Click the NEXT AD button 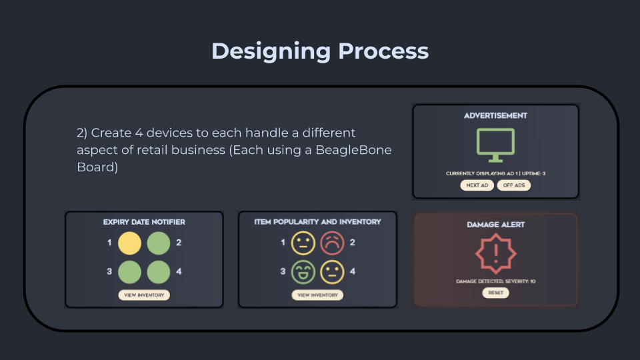tap(477, 185)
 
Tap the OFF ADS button tap(514, 185)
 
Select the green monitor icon tap(495, 145)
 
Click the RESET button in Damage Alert tap(495, 293)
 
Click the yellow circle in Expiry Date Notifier tap(130, 243)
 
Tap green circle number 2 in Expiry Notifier tap(159, 243)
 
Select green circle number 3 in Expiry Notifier tap(130, 272)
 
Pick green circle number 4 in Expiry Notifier tap(159, 272)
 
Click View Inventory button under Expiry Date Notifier tap(144, 295)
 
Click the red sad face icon tap(332, 243)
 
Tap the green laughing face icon tap(303, 272)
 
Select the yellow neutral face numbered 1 tap(303, 243)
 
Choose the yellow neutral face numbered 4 tap(332, 272)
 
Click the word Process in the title tap(383, 51)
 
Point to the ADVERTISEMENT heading tap(495, 116)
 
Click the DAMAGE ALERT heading tap(495, 225)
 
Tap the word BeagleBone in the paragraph tap(353, 150)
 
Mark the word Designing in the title tap(271, 52)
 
